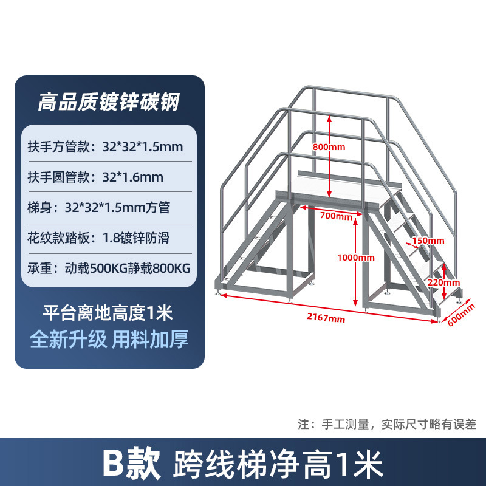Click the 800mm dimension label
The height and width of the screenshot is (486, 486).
point(329,148)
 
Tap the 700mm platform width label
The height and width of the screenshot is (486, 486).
point(335,216)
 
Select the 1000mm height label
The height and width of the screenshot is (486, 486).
point(356,258)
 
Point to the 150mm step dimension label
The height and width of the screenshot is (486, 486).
point(428,241)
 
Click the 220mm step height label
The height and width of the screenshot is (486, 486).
point(443,282)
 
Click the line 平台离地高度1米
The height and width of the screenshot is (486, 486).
point(108,313)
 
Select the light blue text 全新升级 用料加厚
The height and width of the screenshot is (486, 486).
point(109,339)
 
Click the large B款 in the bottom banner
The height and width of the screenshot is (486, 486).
point(131,464)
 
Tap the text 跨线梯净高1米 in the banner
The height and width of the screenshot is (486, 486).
point(278,464)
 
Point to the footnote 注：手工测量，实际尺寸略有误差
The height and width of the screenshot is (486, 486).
point(387,423)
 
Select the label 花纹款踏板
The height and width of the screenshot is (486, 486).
point(59,238)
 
